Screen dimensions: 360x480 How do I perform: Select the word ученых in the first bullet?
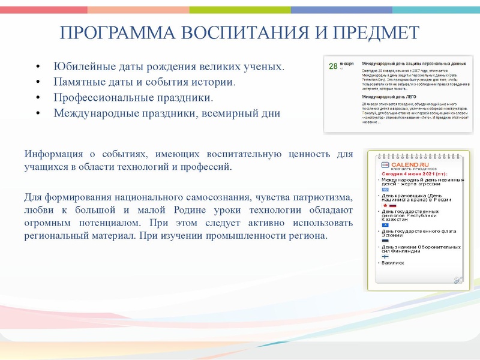point(260,65)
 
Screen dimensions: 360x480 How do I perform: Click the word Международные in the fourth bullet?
point(95,112)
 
